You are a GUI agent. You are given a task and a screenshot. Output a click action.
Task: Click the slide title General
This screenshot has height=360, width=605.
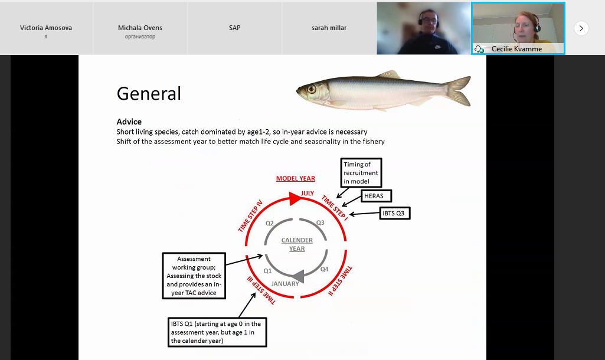pos(149,93)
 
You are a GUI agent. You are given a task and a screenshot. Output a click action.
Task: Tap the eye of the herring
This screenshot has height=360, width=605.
pos(312,90)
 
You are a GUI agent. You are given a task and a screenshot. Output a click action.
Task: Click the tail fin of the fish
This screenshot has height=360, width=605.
pos(459,91)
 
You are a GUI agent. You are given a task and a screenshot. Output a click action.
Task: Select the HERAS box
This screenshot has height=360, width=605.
pos(376,196)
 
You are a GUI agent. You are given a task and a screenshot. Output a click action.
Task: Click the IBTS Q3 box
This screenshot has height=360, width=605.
pos(395,213)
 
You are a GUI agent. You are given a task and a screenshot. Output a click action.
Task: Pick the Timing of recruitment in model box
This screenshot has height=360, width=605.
pos(361,172)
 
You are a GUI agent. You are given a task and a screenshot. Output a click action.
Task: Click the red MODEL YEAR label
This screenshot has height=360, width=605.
pos(296,178)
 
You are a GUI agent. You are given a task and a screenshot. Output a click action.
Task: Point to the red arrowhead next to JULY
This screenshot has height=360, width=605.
pos(295,199)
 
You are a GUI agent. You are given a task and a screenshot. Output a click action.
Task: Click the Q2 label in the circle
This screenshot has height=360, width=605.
pos(269,223)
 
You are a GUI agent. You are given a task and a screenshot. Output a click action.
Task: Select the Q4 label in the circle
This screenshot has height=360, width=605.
pos(324,269)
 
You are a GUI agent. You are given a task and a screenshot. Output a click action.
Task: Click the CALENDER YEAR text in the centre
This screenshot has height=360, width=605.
pos(297,244)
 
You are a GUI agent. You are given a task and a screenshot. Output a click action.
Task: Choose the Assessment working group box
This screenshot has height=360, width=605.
pos(194,276)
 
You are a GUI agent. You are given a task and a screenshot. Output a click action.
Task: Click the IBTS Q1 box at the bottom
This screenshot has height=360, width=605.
pos(217,332)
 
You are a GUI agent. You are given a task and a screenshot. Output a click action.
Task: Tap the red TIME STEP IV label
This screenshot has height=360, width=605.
pos(250,216)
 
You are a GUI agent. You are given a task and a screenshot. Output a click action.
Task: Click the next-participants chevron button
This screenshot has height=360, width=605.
pos(581,28)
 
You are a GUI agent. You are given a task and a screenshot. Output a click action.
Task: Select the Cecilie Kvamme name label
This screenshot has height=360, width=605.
pos(516,49)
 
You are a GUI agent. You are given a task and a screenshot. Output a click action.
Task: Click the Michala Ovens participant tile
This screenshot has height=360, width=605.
pos(140,28)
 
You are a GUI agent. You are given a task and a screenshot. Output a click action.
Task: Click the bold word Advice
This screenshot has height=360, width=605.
pos(129,122)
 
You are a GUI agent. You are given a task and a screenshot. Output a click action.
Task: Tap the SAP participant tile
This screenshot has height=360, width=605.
pos(234,28)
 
